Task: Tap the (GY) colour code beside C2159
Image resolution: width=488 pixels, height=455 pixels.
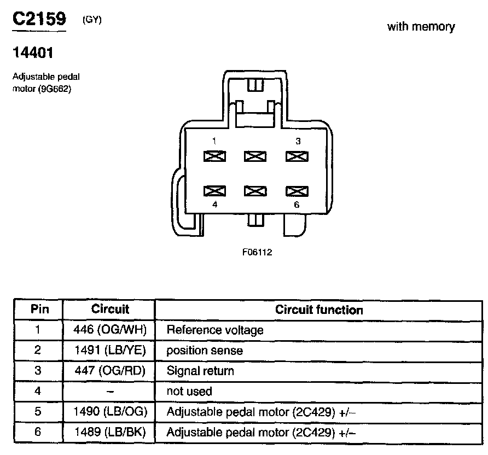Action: tap(92, 20)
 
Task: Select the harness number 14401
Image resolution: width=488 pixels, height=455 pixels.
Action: tap(33, 53)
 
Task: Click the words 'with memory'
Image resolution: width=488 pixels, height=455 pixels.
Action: tap(421, 27)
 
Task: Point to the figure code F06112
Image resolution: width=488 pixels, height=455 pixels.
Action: tap(257, 253)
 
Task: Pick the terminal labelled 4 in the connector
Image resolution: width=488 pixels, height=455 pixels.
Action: tap(214, 191)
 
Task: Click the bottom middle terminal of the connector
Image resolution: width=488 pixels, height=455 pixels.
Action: tap(255, 191)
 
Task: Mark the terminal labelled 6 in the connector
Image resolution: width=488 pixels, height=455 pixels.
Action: tap(296, 191)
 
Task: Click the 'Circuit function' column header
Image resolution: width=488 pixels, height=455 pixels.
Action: tap(319, 310)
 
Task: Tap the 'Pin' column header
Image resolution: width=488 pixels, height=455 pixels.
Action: tap(39, 310)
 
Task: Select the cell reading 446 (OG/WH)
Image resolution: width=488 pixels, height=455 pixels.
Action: tap(109, 330)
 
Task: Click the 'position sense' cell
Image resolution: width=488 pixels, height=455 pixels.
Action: tap(204, 351)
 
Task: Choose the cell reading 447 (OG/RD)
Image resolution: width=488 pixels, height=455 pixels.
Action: tap(109, 371)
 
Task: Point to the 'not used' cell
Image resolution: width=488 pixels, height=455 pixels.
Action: tap(189, 392)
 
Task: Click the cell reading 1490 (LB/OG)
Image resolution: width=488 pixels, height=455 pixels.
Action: tap(109, 412)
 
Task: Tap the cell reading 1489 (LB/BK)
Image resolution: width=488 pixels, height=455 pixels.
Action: tap(109, 433)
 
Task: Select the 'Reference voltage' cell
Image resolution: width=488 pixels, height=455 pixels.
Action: tap(214, 330)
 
